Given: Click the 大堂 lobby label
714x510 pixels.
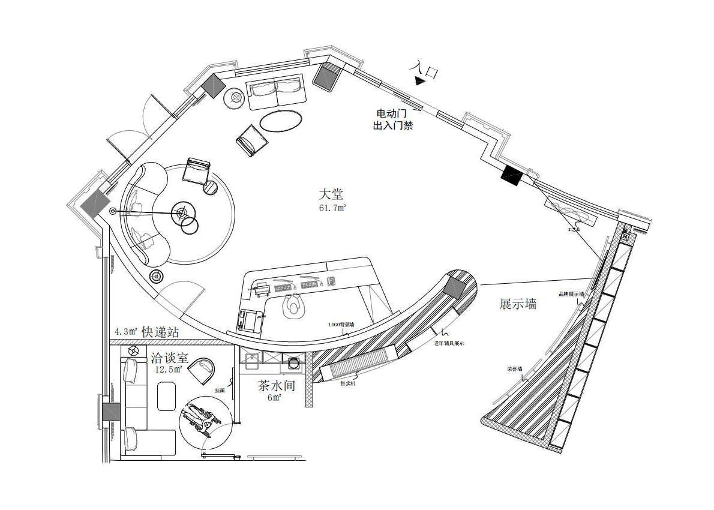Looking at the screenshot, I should [x=331, y=194].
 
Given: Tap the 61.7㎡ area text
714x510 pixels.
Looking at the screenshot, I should [x=332, y=208].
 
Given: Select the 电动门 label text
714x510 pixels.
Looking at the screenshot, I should [x=390, y=113].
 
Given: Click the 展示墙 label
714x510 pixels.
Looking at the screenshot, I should [x=518, y=304].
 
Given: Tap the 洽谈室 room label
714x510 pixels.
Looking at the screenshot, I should [x=169, y=358].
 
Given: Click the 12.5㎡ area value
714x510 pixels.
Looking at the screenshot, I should [x=168, y=370].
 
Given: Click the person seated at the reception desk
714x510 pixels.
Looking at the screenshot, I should [x=293, y=304].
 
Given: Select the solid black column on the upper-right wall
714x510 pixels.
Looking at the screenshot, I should [x=512, y=175].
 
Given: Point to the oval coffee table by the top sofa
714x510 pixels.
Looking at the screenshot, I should [x=280, y=121].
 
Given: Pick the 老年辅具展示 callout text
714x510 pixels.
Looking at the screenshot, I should [x=449, y=343].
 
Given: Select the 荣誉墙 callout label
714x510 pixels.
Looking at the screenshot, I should [x=514, y=369].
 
